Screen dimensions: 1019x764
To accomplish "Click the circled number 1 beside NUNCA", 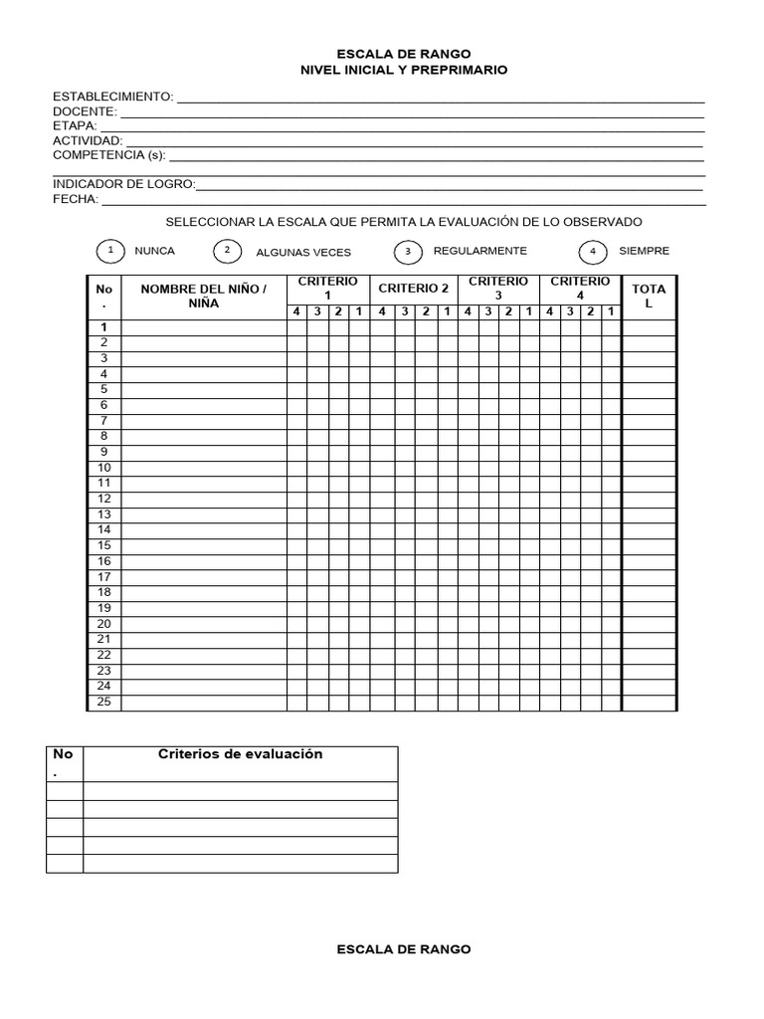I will click(x=110, y=251).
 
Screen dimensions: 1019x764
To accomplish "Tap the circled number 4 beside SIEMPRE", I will click(x=593, y=252).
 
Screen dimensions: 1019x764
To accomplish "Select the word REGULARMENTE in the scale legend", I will click(x=480, y=251).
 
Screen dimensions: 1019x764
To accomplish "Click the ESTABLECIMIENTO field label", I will click(x=113, y=97).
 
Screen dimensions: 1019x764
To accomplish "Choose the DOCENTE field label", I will click(x=86, y=111).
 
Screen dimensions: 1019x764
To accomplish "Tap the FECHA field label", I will click(x=76, y=199).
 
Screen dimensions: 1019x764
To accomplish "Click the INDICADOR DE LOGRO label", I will click(x=124, y=184).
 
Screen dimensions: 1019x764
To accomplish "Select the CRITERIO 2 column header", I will click(x=414, y=289).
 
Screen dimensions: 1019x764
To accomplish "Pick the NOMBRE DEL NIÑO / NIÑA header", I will click(x=204, y=296).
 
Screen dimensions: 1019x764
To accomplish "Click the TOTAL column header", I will click(x=649, y=296).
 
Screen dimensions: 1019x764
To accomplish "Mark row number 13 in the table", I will click(x=103, y=514).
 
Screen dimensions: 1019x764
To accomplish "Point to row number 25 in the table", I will click(x=103, y=702).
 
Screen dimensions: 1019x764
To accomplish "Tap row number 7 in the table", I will click(x=103, y=421).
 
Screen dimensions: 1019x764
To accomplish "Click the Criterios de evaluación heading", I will click(x=241, y=754).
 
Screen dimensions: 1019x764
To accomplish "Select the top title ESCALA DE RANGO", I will click(x=404, y=54).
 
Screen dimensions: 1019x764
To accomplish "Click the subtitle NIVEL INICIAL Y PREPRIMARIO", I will click(x=404, y=70).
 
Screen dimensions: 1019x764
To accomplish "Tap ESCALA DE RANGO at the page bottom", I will click(x=404, y=949).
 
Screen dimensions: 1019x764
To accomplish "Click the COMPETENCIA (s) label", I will click(x=109, y=155).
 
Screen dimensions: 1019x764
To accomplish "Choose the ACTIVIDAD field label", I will click(x=88, y=141).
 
